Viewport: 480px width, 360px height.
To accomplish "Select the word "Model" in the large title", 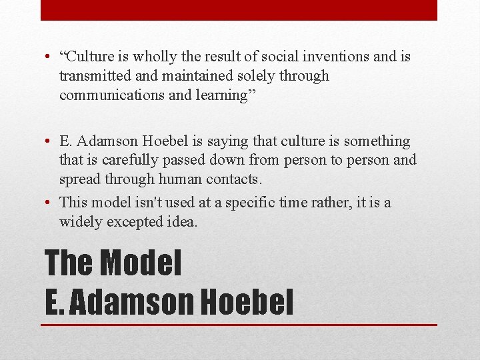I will coord(140,262).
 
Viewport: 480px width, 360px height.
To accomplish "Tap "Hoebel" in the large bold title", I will coord(246,301).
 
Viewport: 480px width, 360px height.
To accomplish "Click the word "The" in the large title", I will coord(68,262).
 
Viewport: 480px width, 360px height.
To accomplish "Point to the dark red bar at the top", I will coord(239,10).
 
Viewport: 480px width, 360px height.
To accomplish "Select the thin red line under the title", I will coord(239,325).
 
